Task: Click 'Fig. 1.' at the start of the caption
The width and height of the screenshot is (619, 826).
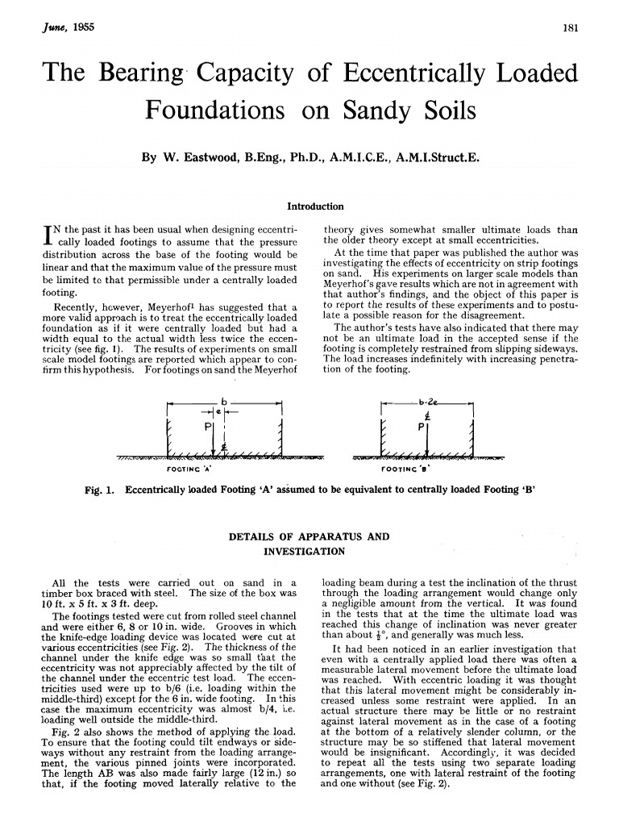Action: (x=101, y=490)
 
